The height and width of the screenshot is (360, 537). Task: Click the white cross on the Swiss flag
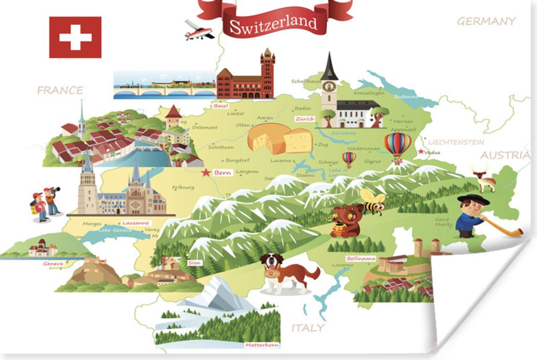75,37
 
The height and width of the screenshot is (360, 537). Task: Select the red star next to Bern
207,172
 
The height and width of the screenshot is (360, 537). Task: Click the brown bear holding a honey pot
348,220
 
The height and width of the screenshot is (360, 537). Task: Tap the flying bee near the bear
373,202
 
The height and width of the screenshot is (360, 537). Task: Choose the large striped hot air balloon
398,145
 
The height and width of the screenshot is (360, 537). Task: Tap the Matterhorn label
262,345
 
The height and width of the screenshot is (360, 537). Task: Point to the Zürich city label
305,119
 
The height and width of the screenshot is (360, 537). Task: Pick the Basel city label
220,106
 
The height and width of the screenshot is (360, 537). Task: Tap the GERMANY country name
486,22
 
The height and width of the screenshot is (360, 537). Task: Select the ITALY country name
308,328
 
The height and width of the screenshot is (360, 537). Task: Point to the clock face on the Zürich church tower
329,87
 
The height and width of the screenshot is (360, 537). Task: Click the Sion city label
194,262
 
